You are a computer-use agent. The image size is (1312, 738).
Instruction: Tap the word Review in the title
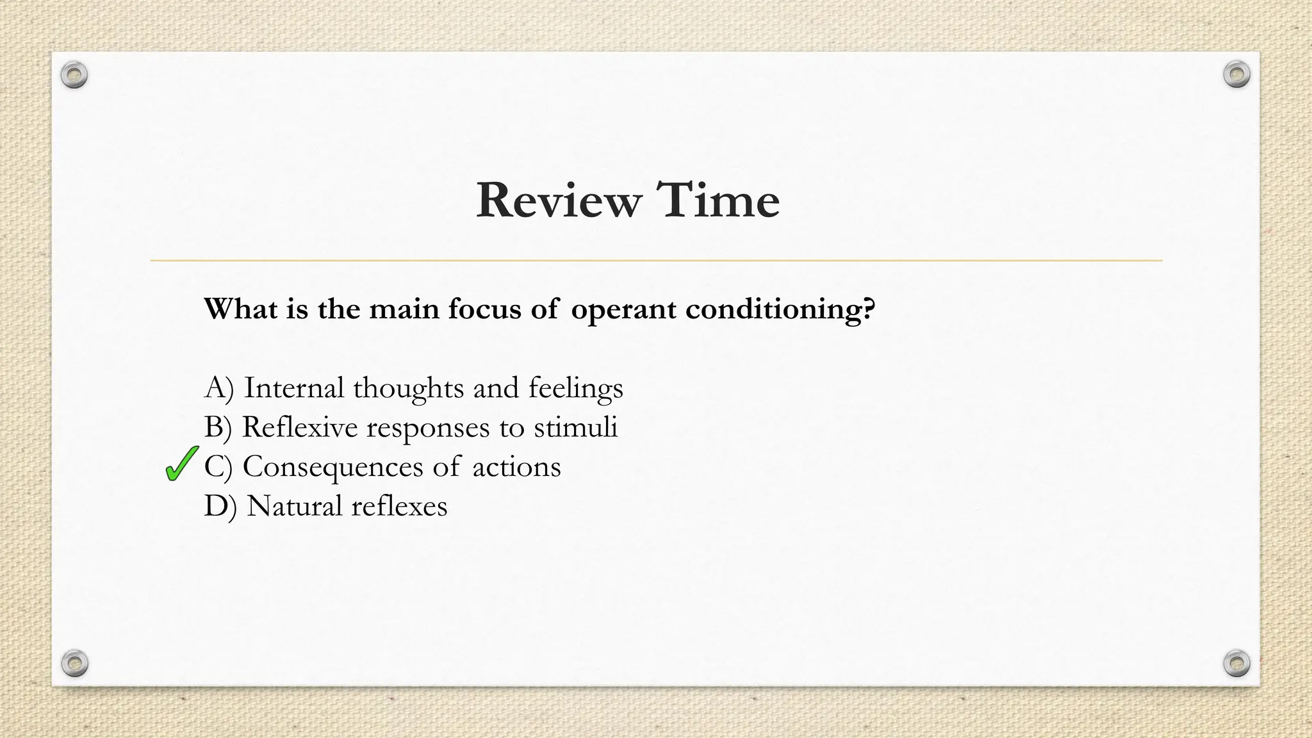pos(558,201)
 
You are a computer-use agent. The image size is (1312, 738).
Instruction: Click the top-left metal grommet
pos(74,76)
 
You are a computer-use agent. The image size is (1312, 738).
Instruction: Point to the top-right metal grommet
pos(1236,75)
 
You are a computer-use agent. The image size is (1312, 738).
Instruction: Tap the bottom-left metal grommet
pos(74,662)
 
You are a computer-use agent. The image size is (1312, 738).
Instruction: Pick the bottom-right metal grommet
pos(1236,662)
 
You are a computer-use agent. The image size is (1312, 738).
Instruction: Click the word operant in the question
pos(623,310)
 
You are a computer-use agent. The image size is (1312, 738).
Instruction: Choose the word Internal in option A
pos(294,388)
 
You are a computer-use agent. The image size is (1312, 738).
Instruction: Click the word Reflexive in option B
pos(299,427)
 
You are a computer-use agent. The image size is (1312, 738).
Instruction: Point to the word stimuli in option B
pos(575,427)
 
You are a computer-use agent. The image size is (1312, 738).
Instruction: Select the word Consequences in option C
pos(333,467)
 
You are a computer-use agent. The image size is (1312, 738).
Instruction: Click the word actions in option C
pos(516,467)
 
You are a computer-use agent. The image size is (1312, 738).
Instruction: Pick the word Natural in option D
pos(295,506)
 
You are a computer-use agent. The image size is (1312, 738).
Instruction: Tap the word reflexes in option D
pos(399,506)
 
